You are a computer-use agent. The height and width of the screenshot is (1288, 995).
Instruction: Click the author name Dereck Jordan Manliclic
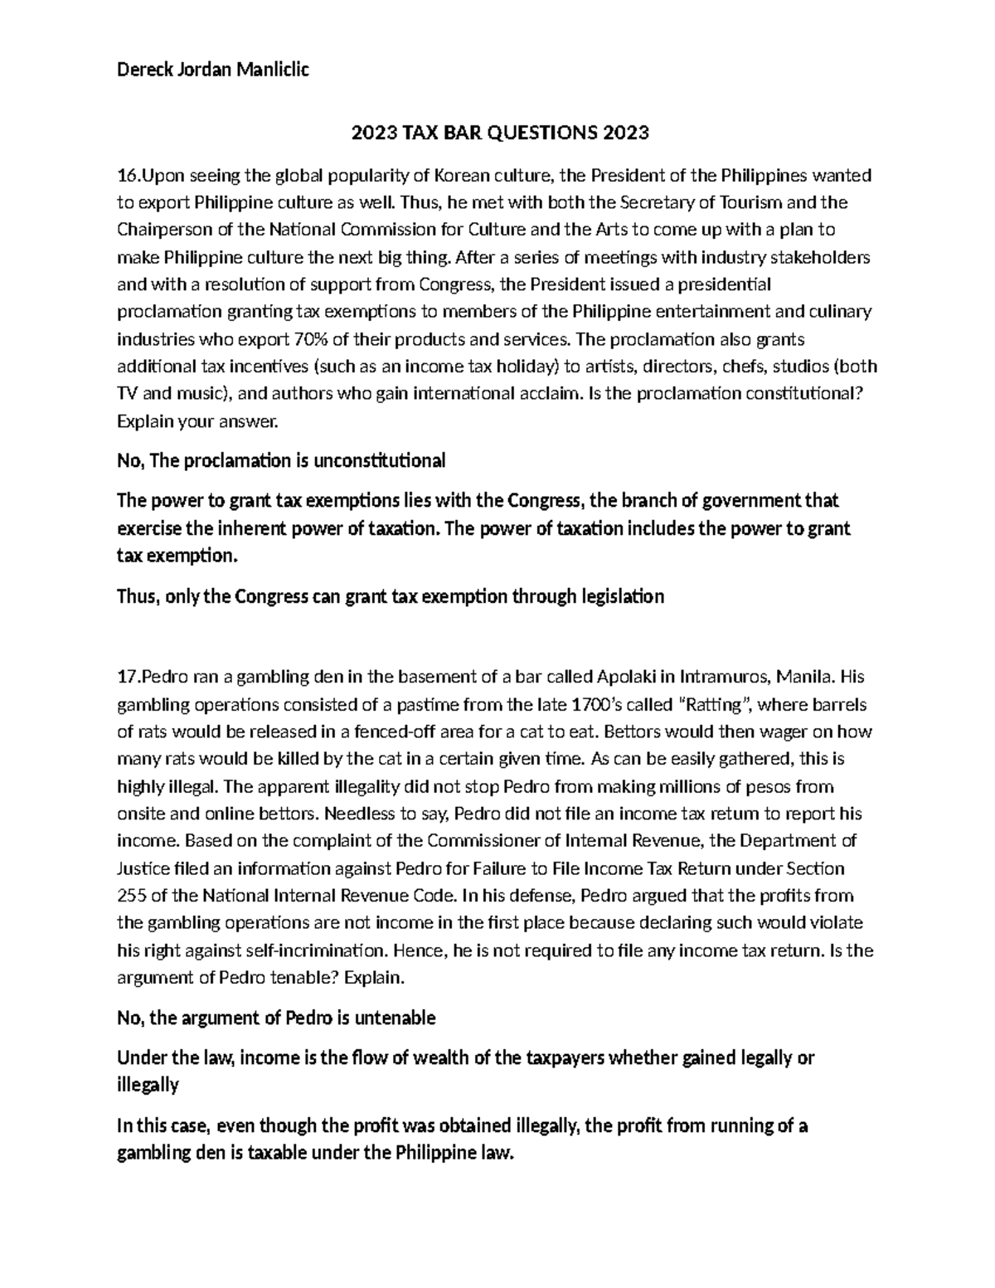[212, 70]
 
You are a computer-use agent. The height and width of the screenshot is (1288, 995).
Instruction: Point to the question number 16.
[128, 176]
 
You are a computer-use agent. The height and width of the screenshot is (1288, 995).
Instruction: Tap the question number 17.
[128, 678]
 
